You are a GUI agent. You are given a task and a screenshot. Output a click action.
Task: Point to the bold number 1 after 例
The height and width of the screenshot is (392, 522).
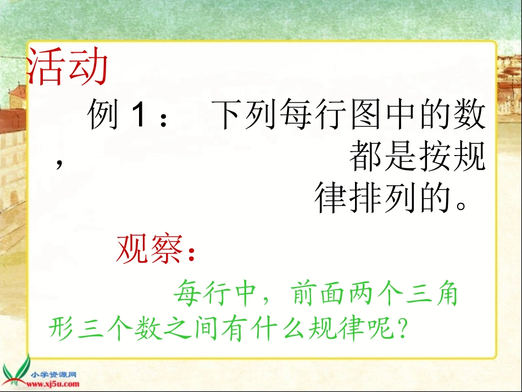point(138,117)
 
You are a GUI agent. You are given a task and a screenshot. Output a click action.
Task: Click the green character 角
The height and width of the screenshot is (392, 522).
point(445,296)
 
